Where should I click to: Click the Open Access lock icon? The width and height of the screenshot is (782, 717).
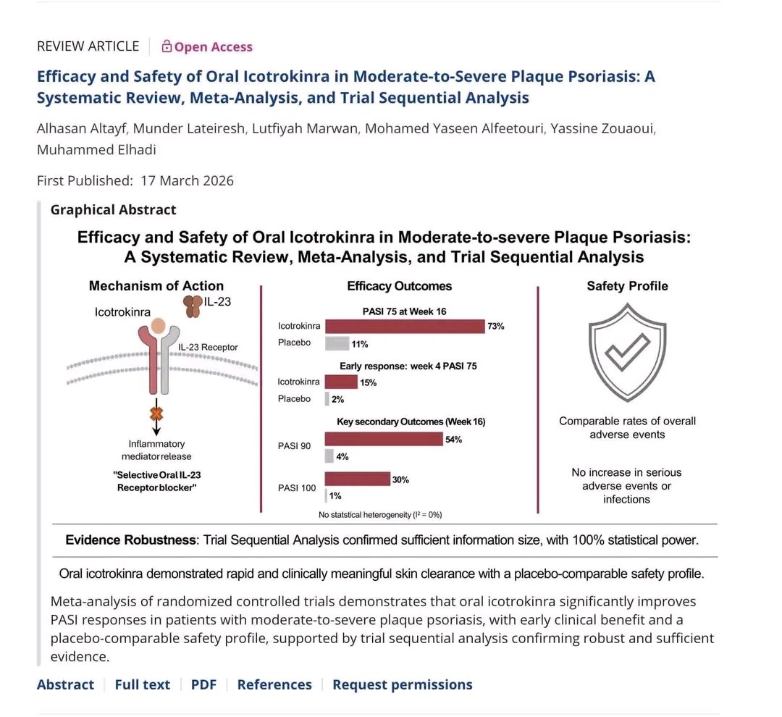pos(167,47)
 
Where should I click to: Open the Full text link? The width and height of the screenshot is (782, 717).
pos(143,684)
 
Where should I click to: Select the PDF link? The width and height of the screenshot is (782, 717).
pos(203,684)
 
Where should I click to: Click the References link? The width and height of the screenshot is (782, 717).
pos(274,684)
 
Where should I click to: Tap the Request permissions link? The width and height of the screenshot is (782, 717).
pos(402,684)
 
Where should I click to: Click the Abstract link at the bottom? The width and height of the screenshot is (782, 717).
pos(65,684)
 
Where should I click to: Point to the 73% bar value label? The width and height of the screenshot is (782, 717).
pos(496,327)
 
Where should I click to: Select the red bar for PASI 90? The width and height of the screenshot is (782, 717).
pos(384,439)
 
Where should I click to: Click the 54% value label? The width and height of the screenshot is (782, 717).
pos(454,440)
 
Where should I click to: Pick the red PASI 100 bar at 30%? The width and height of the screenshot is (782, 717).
pos(357,479)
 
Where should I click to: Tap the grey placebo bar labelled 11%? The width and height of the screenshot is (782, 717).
pos(337,343)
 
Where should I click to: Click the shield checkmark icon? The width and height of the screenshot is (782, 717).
pos(626,353)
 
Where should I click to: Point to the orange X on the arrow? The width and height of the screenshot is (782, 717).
pos(156,414)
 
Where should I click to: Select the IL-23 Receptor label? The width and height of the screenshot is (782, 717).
pos(208,348)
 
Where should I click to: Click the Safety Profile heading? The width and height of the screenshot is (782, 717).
pos(627,286)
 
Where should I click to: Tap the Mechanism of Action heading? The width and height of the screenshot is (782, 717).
pos(156,286)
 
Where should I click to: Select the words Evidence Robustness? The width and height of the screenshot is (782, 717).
pos(130,540)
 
